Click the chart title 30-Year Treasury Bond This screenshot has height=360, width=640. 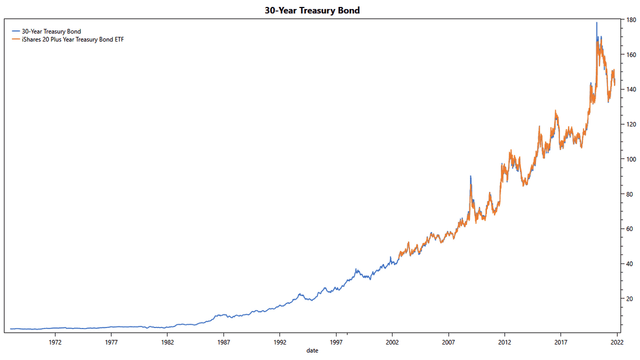[312, 10]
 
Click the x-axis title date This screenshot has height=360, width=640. [313, 350]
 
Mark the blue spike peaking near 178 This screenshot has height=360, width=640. [596, 23]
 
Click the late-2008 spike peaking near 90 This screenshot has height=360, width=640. [470, 177]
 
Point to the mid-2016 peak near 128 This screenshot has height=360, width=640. [555, 111]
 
